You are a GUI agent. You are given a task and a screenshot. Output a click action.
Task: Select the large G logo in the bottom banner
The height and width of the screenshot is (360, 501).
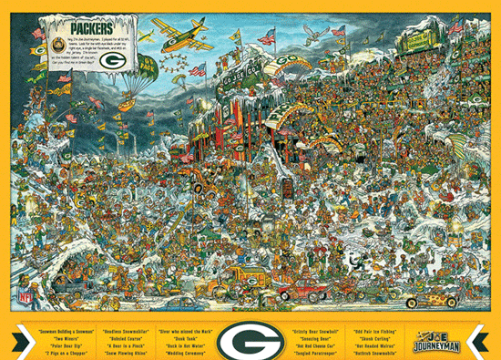pyautogui.click(x=250, y=340)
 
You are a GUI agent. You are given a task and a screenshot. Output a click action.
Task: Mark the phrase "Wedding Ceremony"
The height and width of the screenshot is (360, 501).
pyautogui.click(x=185, y=351)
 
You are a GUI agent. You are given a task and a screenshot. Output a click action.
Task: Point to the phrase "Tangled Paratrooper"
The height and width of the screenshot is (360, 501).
pyautogui.click(x=315, y=351)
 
